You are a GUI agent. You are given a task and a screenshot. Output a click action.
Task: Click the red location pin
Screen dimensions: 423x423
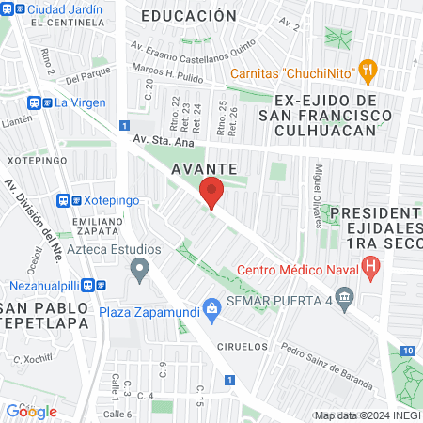[211, 192]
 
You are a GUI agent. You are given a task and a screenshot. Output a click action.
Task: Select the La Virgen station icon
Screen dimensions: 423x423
[44, 102]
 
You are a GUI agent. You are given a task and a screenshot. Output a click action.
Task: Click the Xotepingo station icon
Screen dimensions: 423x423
[64, 201]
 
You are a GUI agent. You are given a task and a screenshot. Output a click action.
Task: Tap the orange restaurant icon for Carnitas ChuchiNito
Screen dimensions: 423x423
[368, 68]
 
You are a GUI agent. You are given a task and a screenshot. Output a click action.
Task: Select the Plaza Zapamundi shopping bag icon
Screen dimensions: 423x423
[213, 306]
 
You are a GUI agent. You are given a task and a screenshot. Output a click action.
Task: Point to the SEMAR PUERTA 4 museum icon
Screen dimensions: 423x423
[345, 302]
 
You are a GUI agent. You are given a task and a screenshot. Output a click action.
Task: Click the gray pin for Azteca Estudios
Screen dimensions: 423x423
[140, 273]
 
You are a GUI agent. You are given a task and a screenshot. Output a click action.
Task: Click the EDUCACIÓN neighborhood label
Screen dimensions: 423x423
[188, 16]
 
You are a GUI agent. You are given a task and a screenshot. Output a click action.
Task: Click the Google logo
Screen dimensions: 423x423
[31, 411]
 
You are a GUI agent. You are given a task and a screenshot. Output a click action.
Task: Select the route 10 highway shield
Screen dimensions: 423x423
[406, 351]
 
